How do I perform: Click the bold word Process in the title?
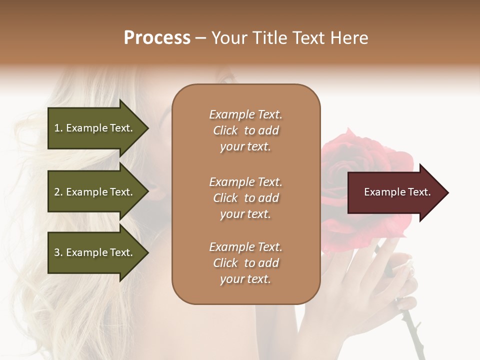tap(157, 38)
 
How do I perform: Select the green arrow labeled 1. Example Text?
tap(95, 128)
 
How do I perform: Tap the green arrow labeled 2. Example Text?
tap(95, 192)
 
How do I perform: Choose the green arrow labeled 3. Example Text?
tap(95, 252)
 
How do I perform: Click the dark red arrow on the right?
tap(395, 192)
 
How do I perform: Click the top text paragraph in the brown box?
tap(245, 130)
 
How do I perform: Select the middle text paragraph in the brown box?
tap(245, 198)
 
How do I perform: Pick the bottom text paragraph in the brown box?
tap(245, 263)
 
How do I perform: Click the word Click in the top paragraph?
tap(225, 130)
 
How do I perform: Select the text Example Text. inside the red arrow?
tap(397, 192)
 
